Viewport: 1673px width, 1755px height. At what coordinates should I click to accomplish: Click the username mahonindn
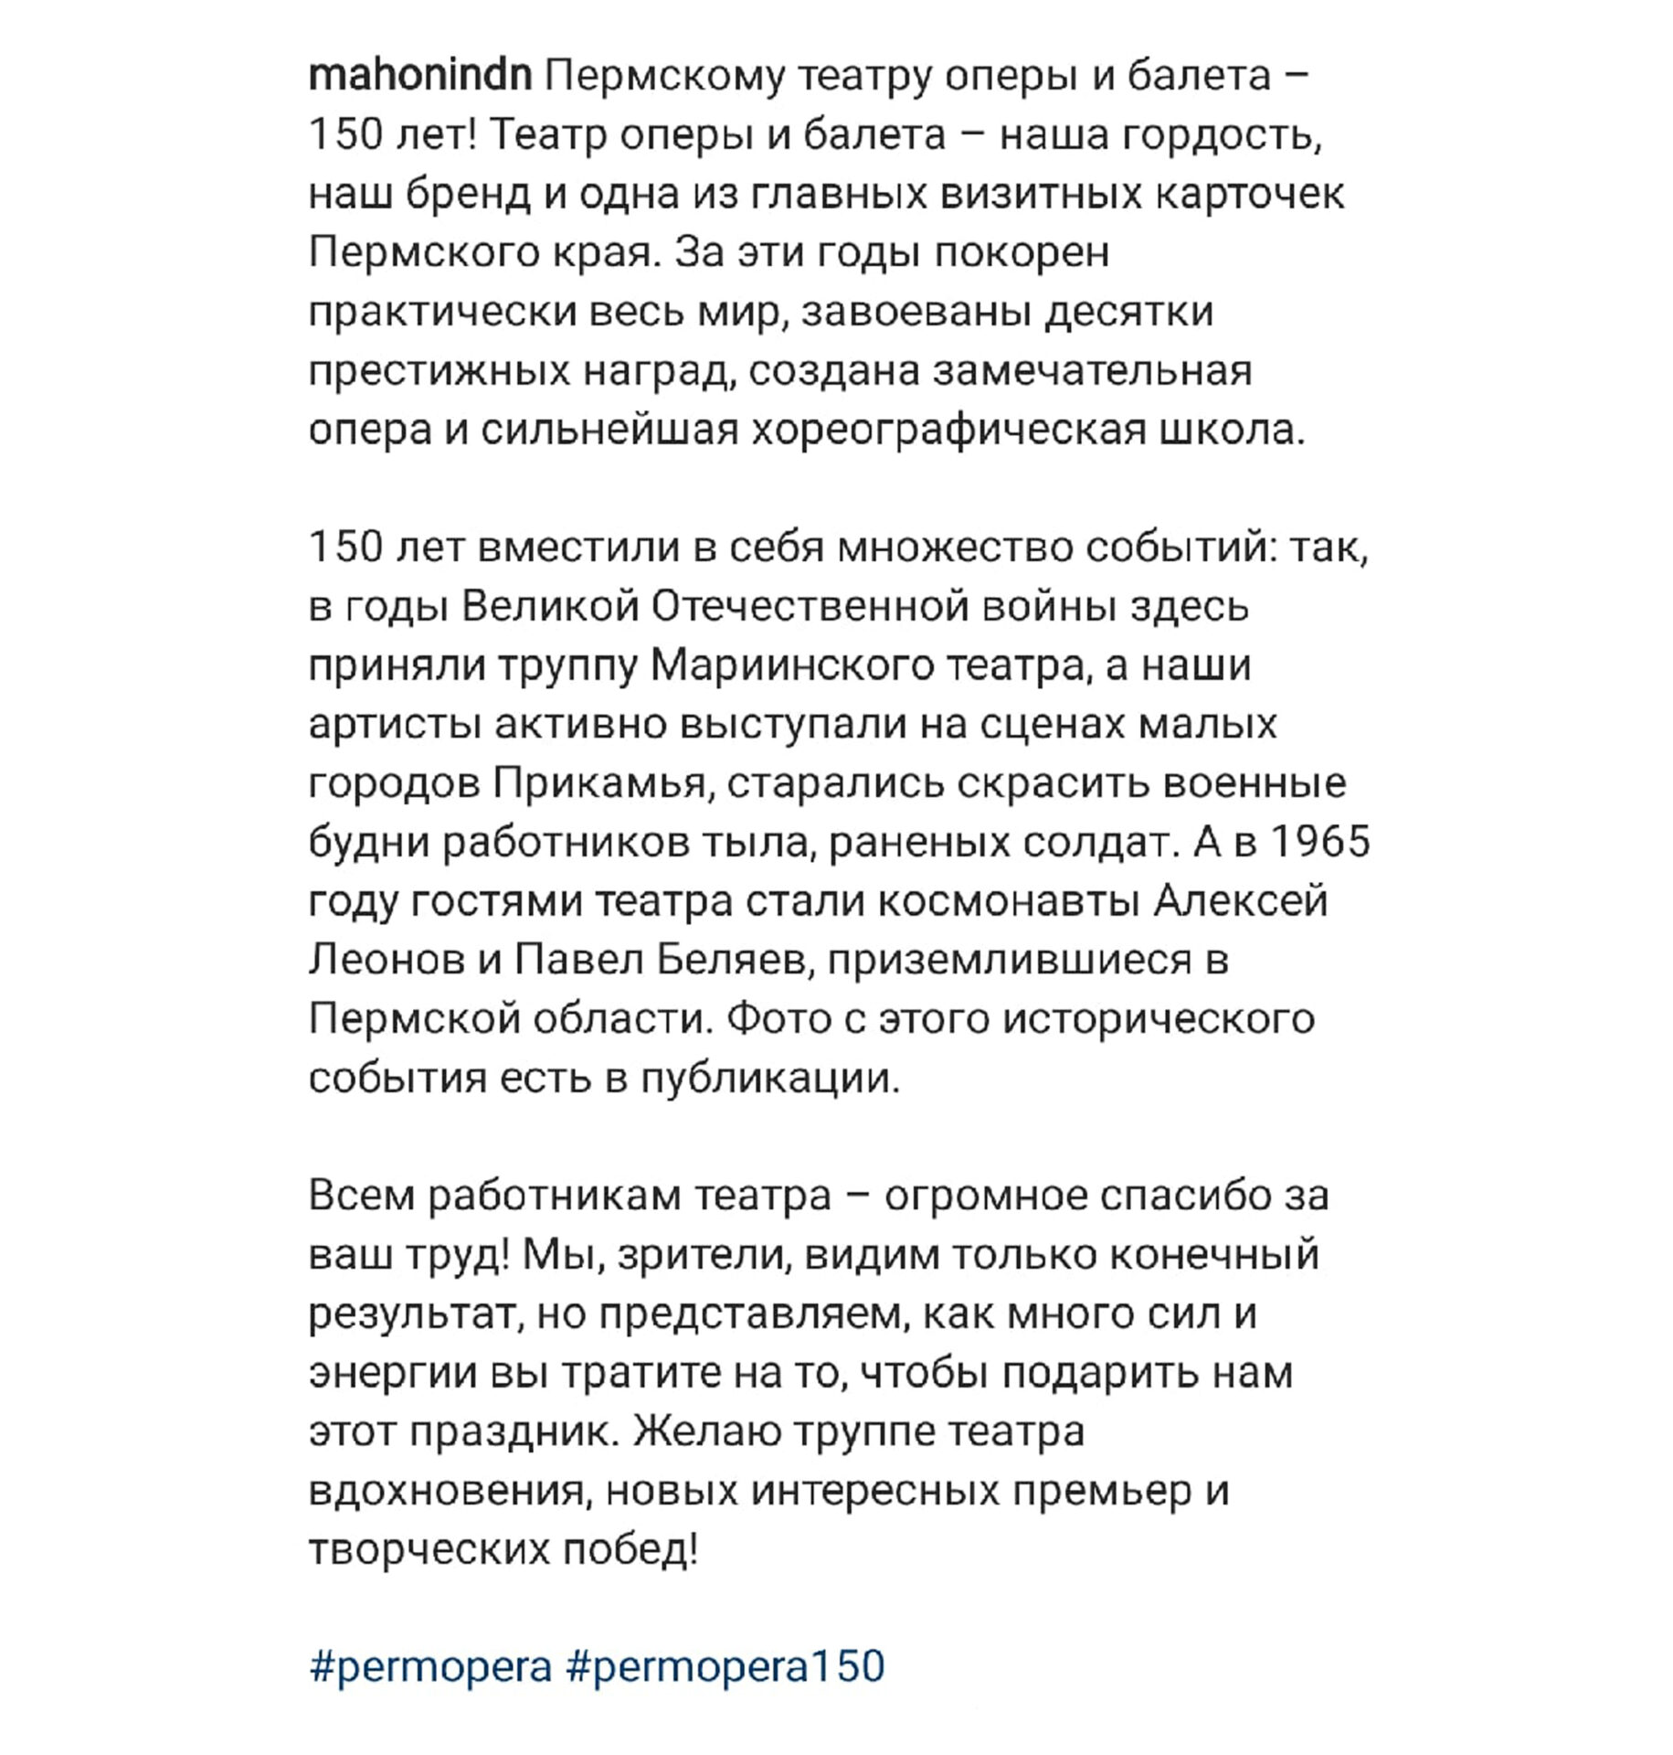420,76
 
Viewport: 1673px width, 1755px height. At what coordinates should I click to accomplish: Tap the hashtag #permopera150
726,1665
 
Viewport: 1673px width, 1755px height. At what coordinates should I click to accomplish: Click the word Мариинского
792,665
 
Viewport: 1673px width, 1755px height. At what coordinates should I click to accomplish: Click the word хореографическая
948,431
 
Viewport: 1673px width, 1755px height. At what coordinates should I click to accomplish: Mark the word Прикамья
600,784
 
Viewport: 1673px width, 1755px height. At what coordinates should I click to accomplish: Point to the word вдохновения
447,1492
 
